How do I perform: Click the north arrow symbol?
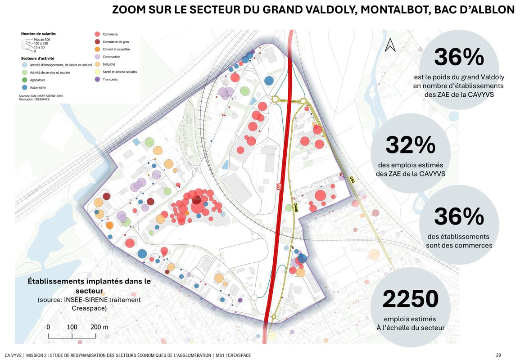click(x=390, y=45)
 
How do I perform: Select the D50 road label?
click(x=352, y=179)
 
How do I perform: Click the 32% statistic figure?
click(x=410, y=145)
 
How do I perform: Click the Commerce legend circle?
click(x=97, y=34)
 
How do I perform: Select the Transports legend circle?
click(x=97, y=80)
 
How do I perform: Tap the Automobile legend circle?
click(x=24, y=87)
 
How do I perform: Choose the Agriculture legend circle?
click(x=24, y=80)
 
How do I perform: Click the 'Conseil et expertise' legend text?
click(x=116, y=49)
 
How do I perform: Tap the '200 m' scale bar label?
click(x=99, y=327)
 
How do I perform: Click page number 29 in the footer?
click(x=498, y=355)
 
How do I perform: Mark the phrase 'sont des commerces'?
click(x=459, y=245)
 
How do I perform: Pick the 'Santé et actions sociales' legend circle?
click(x=97, y=72)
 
